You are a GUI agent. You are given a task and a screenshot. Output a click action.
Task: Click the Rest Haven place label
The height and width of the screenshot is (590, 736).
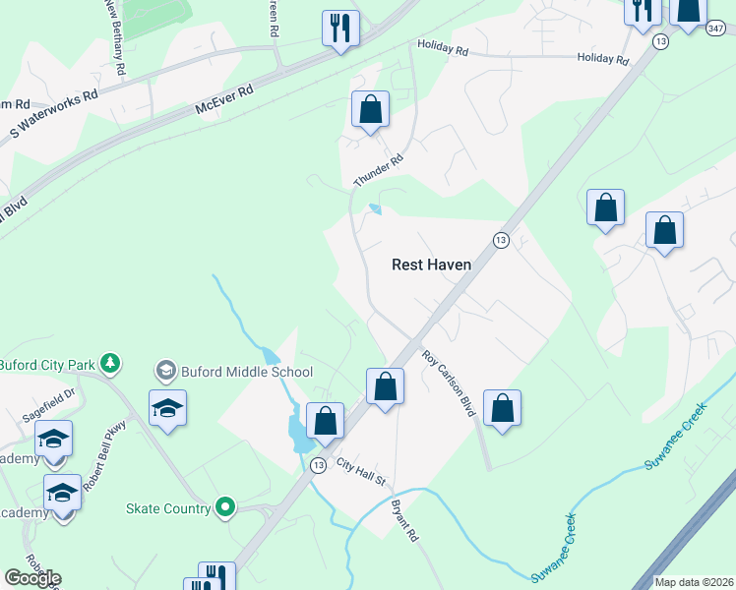431,265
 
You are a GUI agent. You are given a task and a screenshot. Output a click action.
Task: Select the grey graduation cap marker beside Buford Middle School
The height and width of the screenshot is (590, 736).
164,371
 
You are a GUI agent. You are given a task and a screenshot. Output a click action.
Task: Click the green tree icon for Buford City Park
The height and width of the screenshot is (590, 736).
112,364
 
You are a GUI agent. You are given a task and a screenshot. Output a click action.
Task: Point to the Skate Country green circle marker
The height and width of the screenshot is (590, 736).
225,508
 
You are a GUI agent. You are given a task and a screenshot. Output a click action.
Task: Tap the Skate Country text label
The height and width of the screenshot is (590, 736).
168,508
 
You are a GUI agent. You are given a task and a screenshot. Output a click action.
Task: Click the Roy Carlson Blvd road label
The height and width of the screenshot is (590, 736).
449,383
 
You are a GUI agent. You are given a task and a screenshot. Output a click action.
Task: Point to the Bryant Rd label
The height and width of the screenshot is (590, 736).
404,521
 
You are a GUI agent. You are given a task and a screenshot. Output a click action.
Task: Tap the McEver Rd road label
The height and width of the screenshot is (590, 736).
224,99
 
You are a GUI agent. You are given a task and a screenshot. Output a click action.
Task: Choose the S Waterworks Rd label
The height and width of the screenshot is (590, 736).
54,114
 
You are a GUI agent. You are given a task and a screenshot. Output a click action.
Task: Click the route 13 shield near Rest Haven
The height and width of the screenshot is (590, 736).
501,241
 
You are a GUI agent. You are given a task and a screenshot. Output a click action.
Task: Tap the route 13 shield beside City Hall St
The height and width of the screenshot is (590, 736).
318,465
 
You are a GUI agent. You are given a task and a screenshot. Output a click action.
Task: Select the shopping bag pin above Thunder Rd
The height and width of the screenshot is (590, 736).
371,110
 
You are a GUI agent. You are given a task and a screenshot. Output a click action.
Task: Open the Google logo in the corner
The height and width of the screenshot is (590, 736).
32,578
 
